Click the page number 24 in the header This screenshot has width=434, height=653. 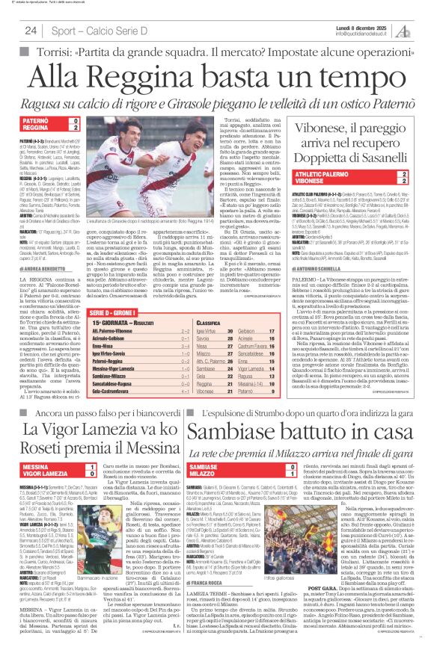[31, 31]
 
